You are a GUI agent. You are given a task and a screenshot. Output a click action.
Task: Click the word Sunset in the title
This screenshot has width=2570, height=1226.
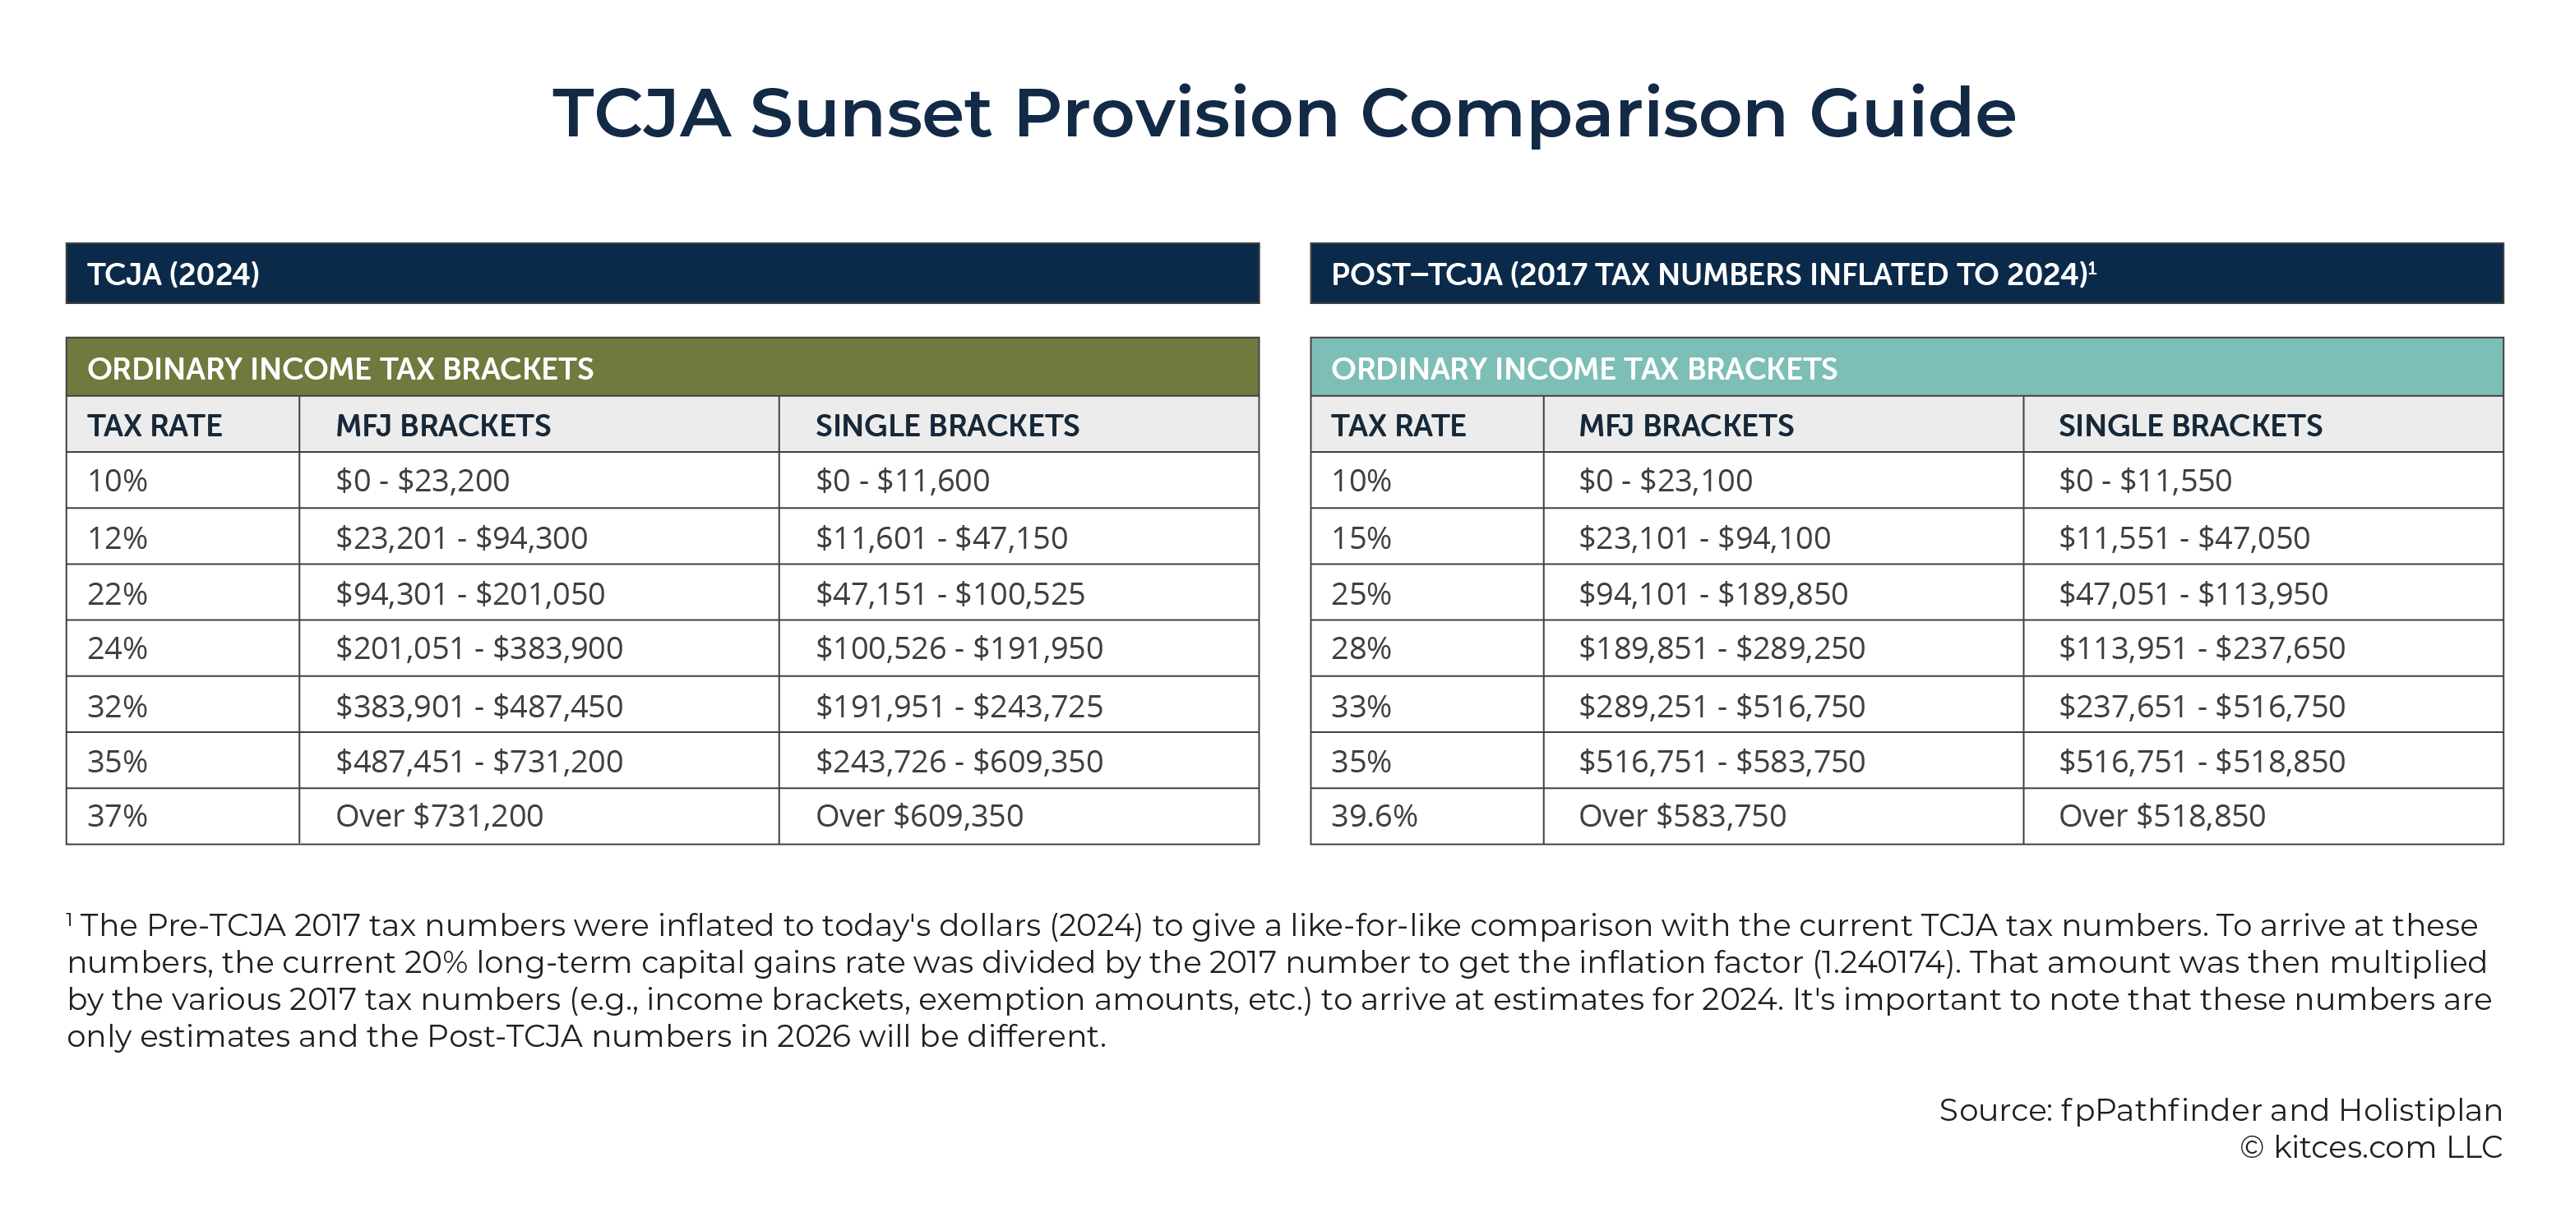coord(870,113)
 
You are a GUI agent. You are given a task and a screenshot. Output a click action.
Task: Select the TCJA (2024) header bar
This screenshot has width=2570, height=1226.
coord(663,274)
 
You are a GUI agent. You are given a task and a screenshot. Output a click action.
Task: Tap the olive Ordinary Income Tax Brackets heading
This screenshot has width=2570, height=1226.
coord(663,367)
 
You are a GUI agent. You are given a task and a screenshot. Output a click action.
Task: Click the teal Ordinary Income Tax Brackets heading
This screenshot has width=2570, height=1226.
coord(1907,367)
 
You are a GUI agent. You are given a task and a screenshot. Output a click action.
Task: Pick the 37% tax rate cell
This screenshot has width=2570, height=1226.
coord(183,816)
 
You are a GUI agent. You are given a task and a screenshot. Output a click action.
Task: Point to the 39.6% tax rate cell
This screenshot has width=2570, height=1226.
coord(1426,816)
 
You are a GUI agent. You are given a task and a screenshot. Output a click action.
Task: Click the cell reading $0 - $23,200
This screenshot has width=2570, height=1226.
coord(538,481)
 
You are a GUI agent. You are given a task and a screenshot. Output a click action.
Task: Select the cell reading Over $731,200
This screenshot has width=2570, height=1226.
coord(538,816)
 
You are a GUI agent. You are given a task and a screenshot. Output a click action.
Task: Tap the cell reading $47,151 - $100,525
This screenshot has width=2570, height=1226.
coord(1019,593)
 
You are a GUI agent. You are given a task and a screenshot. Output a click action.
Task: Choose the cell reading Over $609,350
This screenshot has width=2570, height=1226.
coord(1019,816)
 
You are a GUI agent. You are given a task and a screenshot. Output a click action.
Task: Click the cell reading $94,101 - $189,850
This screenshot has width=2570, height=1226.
coord(1783,593)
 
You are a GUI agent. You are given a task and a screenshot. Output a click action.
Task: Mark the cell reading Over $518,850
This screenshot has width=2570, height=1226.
coord(2263,816)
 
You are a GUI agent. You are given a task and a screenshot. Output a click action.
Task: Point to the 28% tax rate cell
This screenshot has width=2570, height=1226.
coord(1426,648)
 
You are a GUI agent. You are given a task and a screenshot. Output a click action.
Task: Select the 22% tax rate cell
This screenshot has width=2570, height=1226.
coord(183,593)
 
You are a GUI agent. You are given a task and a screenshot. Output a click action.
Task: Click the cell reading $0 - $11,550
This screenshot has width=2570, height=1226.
coord(2263,481)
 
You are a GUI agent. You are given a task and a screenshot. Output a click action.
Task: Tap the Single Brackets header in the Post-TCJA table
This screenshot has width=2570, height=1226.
coord(2190,426)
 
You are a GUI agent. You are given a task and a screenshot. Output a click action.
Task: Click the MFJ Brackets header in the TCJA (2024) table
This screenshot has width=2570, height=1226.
coord(443,426)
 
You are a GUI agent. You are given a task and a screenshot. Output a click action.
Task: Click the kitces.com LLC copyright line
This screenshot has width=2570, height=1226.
coord(2370,1147)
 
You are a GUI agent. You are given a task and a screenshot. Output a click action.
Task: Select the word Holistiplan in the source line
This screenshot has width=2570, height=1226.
coord(2420,1110)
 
